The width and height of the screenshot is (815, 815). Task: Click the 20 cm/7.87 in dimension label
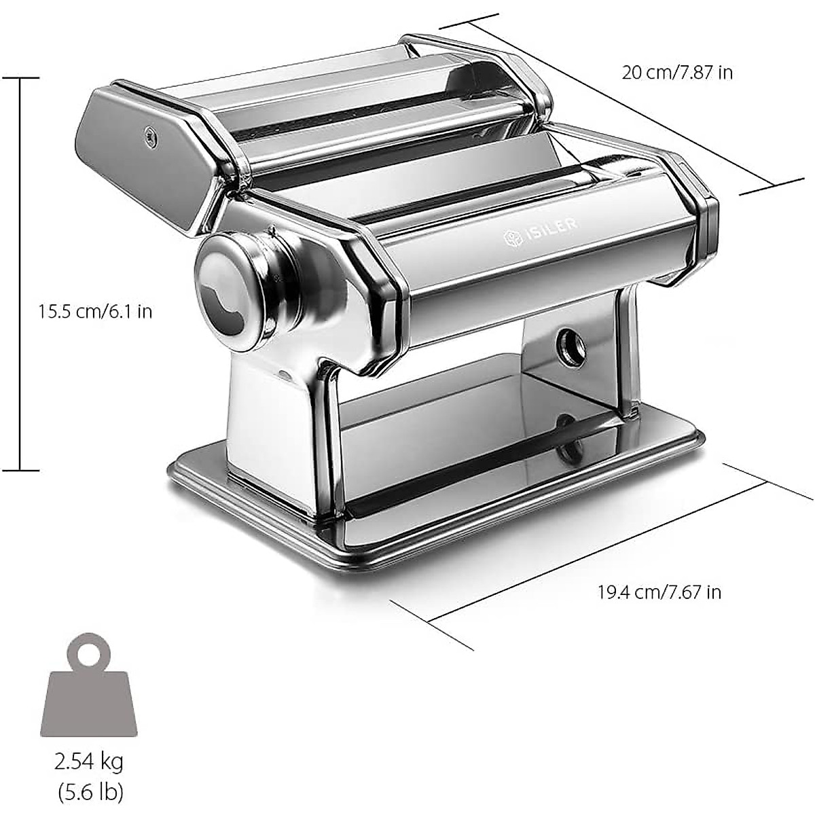tap(677, 72)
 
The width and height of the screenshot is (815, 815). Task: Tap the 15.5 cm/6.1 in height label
tap(95, 312)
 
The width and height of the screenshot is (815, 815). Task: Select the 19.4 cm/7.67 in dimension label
tap(659, 592)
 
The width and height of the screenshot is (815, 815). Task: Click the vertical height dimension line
tap(20, 272)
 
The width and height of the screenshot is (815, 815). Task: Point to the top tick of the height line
tap(20, 78)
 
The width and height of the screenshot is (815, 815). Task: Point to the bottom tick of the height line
tap(20, 469)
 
